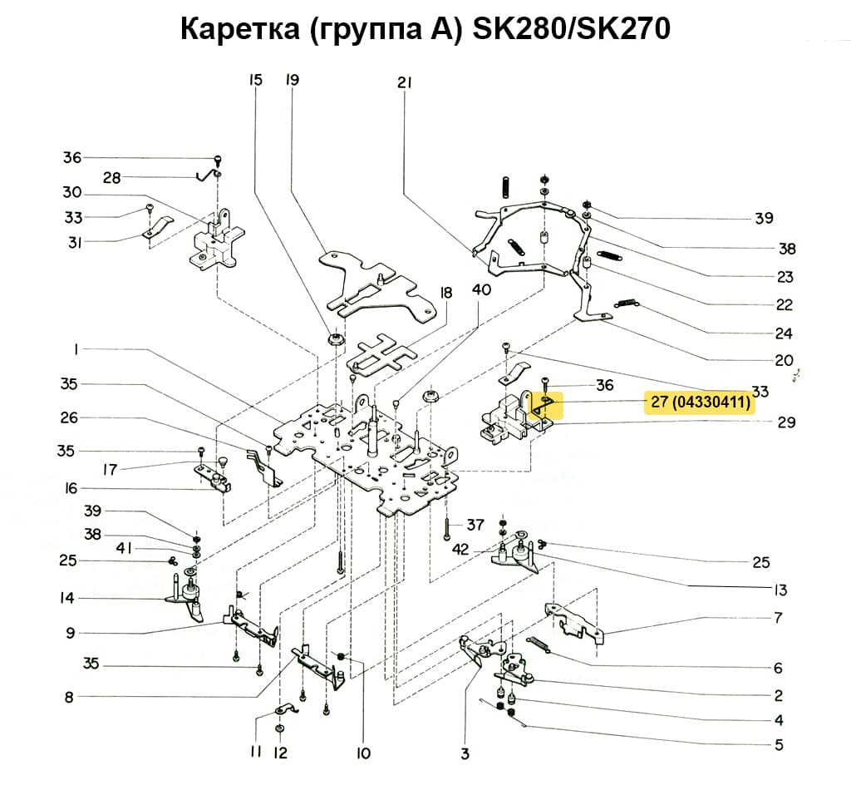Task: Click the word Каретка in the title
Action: pos(242,30)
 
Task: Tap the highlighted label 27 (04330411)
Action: pos(701,403)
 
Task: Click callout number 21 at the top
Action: pos(405,82)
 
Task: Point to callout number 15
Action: pos(255,81)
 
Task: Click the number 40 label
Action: pos(481,289)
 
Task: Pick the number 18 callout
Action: pos(446,293)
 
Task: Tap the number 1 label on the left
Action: pos(76,351)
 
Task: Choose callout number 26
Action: pos(70,417)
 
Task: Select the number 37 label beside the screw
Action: pos(475,525)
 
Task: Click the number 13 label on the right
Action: pos(780,590)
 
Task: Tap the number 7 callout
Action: pos(778,618)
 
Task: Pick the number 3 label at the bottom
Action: pos(465,754)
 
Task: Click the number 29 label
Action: pos(786,422)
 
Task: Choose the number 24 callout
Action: pos(783,333)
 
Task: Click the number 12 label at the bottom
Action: pos(280,753)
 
